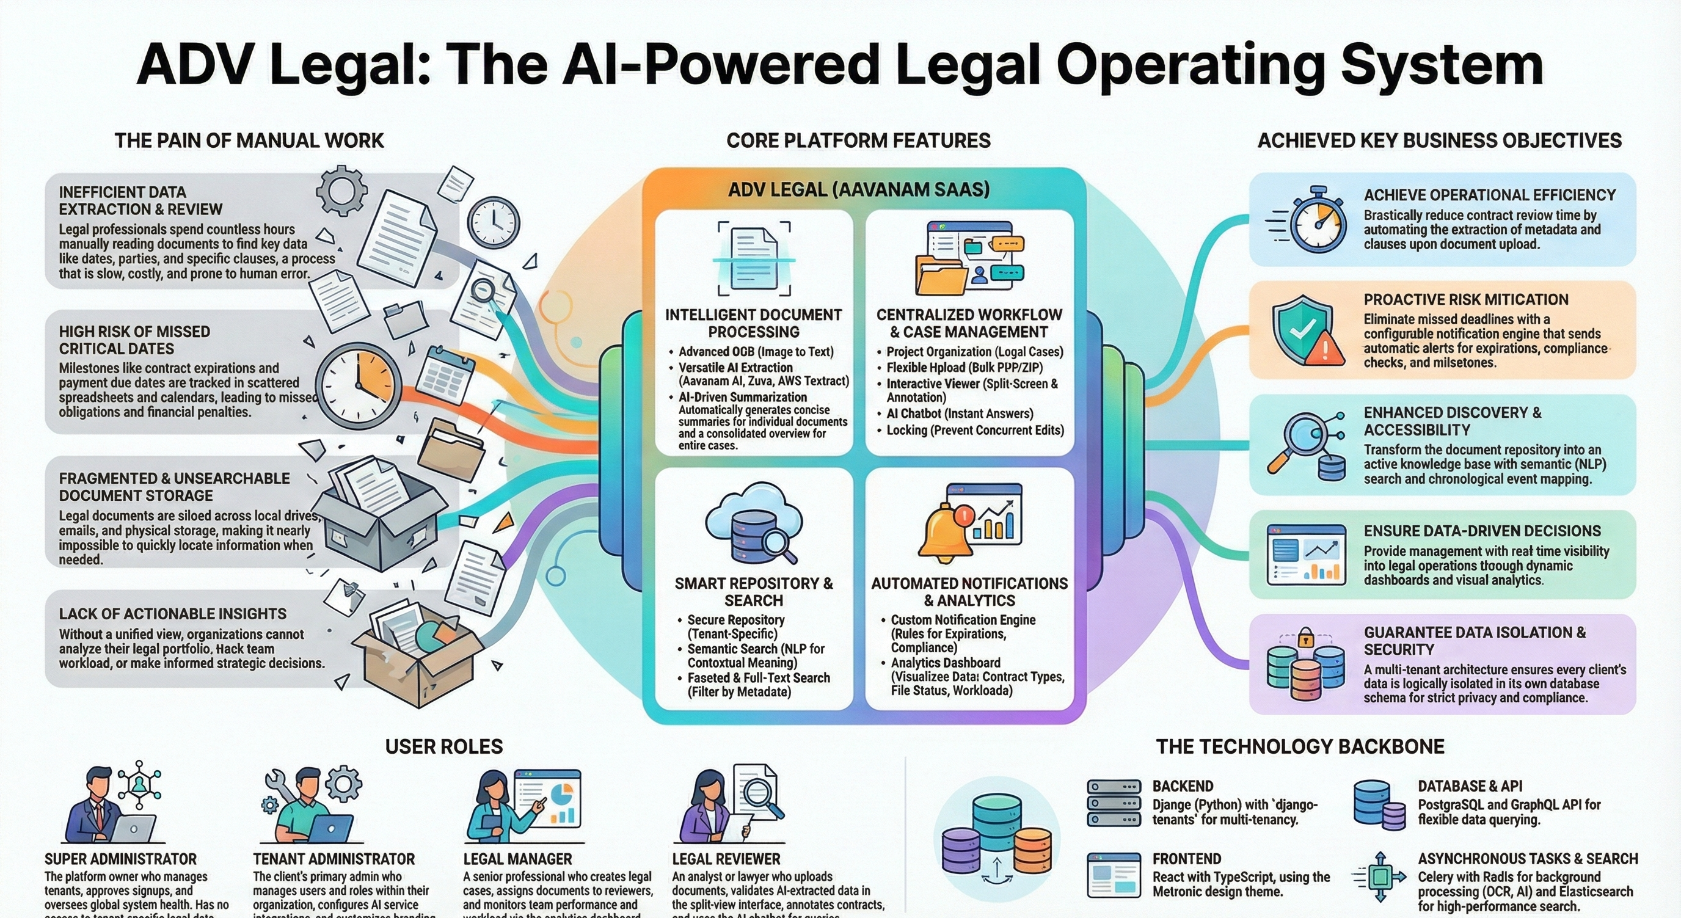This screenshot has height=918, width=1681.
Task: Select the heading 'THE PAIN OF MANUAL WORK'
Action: point(249,140)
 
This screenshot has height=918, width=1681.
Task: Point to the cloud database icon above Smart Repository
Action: point(754,522)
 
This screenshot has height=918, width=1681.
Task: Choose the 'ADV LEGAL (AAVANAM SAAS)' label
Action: point(859,190)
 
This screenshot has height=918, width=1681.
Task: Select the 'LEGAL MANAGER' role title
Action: point(517,859)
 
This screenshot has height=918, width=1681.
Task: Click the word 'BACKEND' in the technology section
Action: point(1183,786)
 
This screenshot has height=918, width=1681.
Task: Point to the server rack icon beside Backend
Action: point(1114,803)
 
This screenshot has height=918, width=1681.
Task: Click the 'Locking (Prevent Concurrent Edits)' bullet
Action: point(974,430)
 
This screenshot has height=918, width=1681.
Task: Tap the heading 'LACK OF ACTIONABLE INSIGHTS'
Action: point(173,614)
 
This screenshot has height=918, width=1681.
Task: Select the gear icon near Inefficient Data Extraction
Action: point(341,191)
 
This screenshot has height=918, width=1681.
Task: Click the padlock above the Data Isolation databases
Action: point(1305,637)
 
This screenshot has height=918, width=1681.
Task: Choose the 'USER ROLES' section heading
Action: point(443,746)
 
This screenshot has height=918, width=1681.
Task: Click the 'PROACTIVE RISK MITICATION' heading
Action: point(1465,299)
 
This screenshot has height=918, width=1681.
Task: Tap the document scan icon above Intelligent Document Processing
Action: point(754,258)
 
